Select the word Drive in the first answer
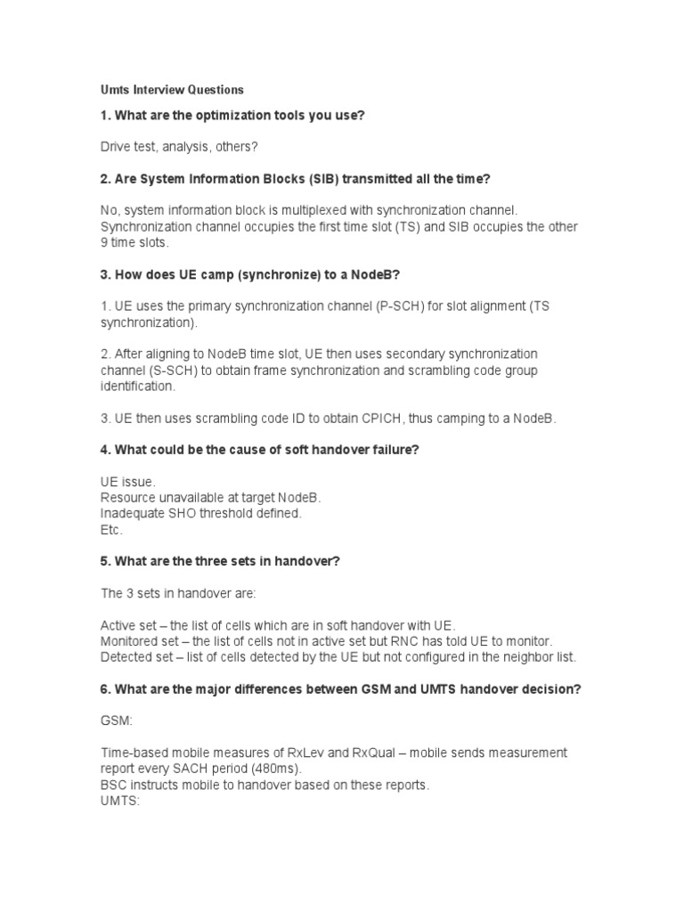click(x=116, y=145)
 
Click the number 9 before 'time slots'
click(x=104, y=242)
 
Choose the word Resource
click(x=129, y=498)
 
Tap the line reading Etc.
click(x=111, y=530)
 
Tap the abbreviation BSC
click(x=114, y=786)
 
